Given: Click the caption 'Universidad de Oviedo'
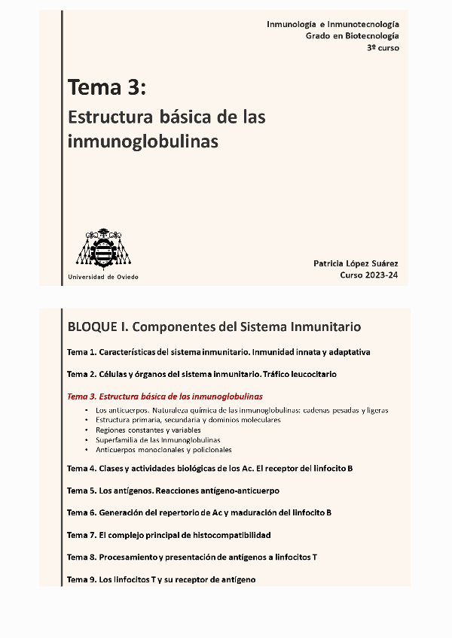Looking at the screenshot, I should tap(103, 277).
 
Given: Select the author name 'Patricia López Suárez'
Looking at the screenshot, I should tap(356, 263).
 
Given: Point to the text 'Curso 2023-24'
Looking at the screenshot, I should tap(369, 275).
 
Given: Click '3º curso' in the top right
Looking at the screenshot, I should tap(383, 47).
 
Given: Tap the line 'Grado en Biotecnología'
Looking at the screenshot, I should tap(352, 36).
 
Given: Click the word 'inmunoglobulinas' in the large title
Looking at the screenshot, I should tap(143, 141).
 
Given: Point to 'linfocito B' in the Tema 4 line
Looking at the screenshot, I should tap(331, 468).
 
